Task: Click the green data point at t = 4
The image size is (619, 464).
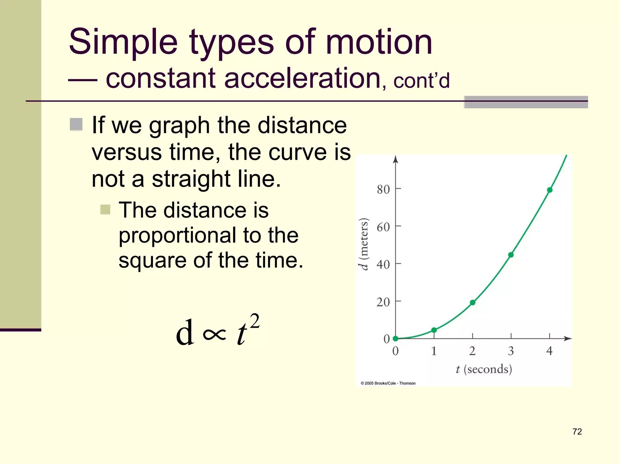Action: pyautogui.click(x=550, y=190)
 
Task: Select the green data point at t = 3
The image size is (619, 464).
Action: pyautogui.click(x=511, y=255)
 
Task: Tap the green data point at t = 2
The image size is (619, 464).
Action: pyautogui.click(x=473, y=302)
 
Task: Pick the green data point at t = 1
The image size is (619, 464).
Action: pyautogui.click(x=434, y=330)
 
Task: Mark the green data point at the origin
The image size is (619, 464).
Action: pyautogui.click(x=395, y=339)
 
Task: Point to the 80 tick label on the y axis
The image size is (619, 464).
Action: pyautogui.click(x=383, y=190)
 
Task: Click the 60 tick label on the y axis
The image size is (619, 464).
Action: pyautogui.click(x=383, y=227)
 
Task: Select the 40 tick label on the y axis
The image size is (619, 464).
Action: pyautogui.click(x=383, y=265)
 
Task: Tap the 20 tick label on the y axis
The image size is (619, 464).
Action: pyautogui.click(x=383, y=302)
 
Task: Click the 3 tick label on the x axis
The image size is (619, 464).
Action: pyautogui.click(x=511, y=351)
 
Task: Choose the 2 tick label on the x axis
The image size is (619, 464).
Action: pyautogui.click(x=472, y=351)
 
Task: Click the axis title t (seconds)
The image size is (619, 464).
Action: pyautogui.click(x=484, y=369)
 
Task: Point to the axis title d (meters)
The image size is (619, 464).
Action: pyautogui.click(x=364, y=244)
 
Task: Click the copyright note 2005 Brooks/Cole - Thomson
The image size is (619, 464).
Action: pyautogui.click(x=388, y=383)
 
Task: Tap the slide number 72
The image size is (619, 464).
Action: pyautogui.click(x=577, y=432)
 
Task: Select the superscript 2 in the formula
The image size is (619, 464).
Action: pyautogui.click(x=255, y=321)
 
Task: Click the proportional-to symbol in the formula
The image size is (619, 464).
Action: pyautogui.click(x=215, y=334)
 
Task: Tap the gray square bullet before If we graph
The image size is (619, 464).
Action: pyautogui.click(x=76, y=124)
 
